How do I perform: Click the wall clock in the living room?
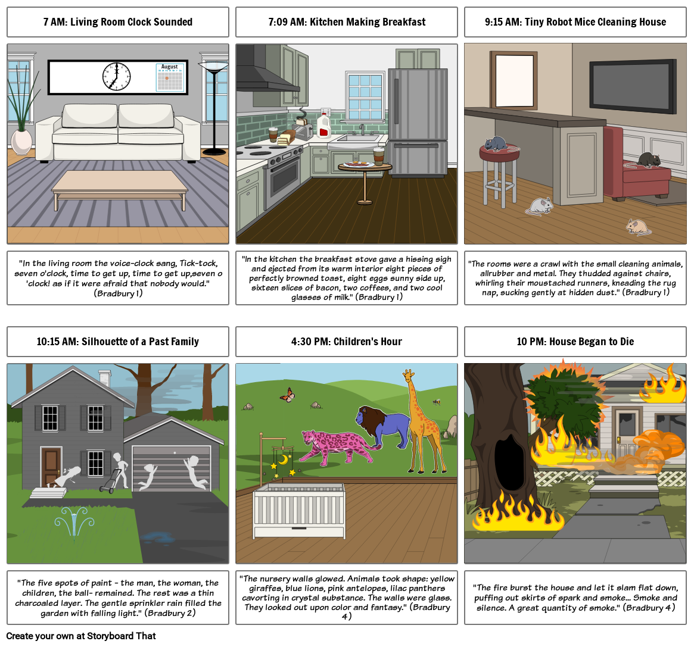[116, 77]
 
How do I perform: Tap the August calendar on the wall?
[170, 77]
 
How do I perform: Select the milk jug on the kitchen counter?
[324, 126]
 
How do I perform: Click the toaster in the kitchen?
[302, 132]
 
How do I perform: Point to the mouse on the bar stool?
[496, 143]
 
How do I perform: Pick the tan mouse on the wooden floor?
[638, 227]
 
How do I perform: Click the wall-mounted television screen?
[633, 84]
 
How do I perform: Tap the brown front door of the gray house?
[51, 466]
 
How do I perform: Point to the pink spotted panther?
[338, 446]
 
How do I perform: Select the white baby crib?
[299, 510]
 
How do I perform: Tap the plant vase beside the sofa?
[21, 142]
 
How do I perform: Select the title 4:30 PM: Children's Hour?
[347, 342]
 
